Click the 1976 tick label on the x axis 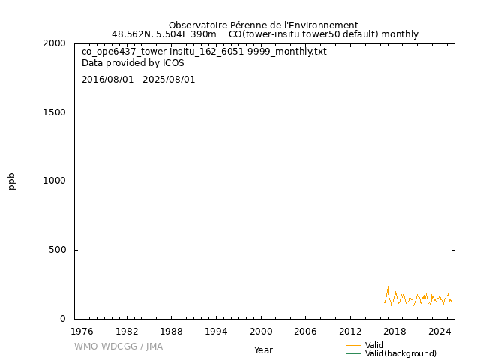point(82,331)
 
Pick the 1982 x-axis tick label point(127,331)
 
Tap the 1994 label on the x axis point(216,331)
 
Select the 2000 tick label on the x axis point(261,331)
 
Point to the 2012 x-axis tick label point(350,331)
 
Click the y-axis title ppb point(12,181)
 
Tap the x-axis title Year point(263,349)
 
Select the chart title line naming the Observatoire point(263,25)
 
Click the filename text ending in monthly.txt point(204,52)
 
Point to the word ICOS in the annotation point(173,63)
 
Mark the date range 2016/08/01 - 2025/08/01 point(139,79)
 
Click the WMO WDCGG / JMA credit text point(118,346)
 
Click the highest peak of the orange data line point(388,287)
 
